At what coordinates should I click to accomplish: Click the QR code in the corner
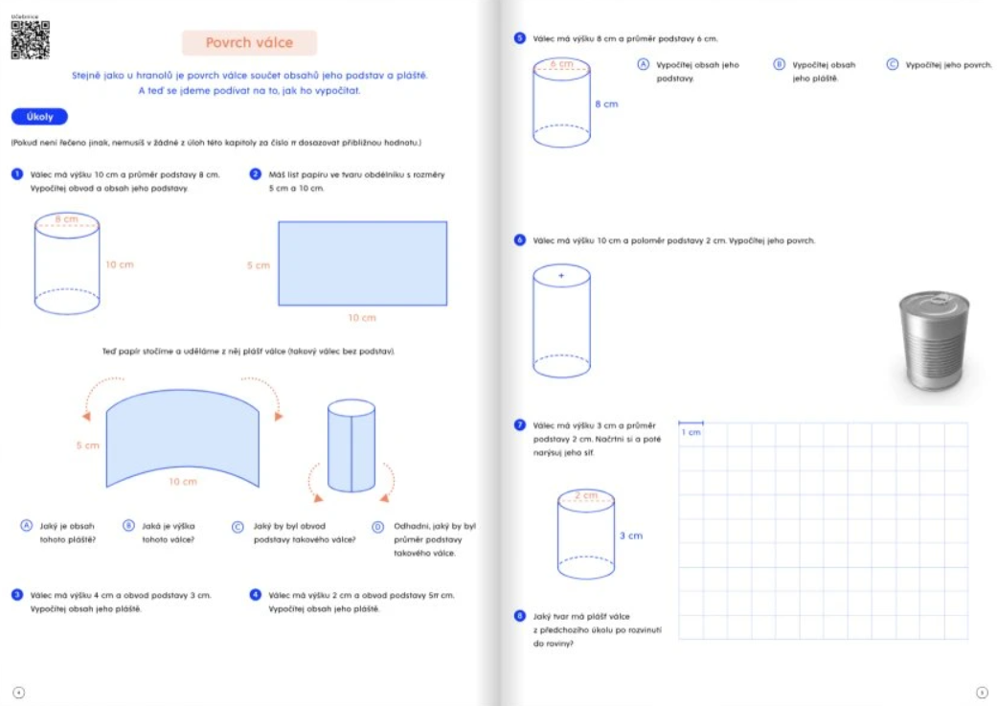tap(30, 40)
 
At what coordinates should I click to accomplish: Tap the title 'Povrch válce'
tap(249, 43)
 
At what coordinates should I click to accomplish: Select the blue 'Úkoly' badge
tap(39, 117)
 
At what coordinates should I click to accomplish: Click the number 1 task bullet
tap(17, 174)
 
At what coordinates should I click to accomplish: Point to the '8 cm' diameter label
tap(66, 219)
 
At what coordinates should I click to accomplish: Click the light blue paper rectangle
tap(362, 263)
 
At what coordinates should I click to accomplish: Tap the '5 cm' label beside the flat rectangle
tap(258, 265)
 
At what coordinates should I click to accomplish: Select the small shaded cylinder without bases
tap(351, 445)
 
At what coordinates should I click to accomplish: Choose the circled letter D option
tap(377, 526)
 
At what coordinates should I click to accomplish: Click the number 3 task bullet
tap(17, 595)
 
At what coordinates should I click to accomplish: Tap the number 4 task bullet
tap(256, 595)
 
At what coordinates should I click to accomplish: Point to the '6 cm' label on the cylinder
tap(561, 64)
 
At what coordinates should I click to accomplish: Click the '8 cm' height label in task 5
tap(606, 103)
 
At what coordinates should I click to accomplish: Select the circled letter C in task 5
tap(892, 64)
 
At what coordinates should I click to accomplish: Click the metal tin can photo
tap(933, 342)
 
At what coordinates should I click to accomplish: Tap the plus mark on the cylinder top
tap(561, 276)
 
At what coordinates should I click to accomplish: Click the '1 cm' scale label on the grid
tap(691, 433)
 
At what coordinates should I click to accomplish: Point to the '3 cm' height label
tap(630, 535)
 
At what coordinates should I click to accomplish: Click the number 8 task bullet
tap(519, 616)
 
